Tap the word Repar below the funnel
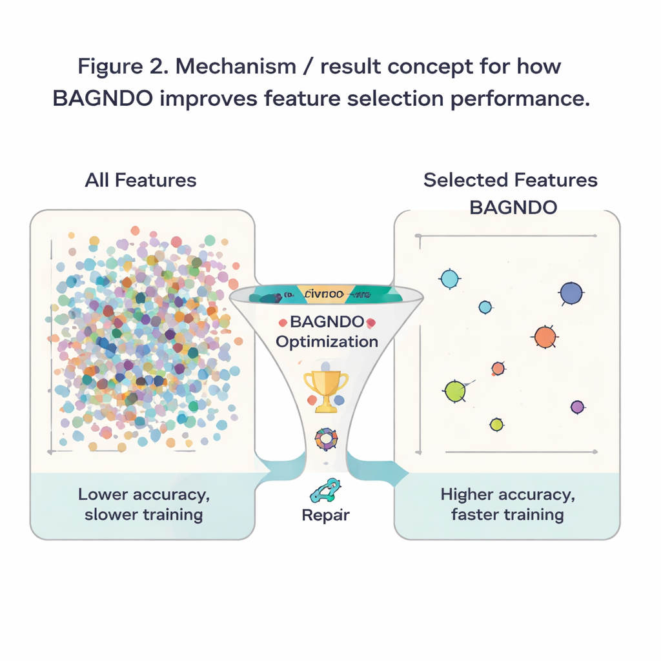[326, 515]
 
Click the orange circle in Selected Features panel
[545, 336]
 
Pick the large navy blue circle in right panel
[571, 293]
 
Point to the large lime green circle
[455, 391]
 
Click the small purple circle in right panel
[577, 407]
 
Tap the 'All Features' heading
[141, 179]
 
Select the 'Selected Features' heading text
[510, 180]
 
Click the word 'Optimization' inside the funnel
[327, 341]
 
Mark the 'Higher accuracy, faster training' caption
[507, 505]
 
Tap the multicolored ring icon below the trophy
[326, 440]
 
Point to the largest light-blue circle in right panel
[449, 279]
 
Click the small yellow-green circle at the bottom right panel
[496, 424]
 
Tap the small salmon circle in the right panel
[498, 368]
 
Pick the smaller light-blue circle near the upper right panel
[485, 307]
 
